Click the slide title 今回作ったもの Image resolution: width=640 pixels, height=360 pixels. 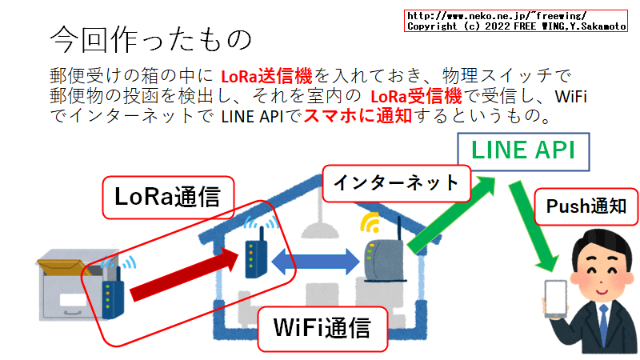150,38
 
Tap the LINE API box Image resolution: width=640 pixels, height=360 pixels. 522,150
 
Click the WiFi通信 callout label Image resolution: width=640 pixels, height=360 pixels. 322,329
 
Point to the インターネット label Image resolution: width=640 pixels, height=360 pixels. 396,183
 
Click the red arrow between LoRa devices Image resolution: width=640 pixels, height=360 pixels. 185,275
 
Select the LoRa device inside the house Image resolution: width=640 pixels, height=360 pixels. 254,254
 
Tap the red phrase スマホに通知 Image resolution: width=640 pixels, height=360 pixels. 345,117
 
